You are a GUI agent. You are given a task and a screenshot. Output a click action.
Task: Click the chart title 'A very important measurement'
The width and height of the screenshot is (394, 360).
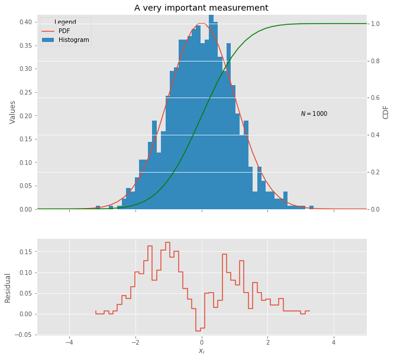tap(201, 8)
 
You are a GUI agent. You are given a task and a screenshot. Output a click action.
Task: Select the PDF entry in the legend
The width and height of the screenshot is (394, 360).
tap(64, 31)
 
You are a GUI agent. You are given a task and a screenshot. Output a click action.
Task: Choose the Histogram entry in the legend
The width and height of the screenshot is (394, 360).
tap(73, 40)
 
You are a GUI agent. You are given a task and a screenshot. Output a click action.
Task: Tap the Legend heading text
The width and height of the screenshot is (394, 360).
tap(65, 22)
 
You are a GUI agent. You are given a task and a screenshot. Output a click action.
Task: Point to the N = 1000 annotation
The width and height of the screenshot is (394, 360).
tap(314, 114)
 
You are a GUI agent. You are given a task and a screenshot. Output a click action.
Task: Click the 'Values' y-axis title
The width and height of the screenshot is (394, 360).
tap(12, 112)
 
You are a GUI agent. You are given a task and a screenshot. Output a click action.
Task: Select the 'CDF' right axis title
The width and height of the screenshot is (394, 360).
tap(386, 112)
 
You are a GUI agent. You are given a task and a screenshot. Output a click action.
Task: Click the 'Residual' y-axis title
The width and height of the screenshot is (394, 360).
tap(8, 288)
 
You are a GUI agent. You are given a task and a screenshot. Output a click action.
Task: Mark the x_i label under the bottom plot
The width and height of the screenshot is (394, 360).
tap(201, 351)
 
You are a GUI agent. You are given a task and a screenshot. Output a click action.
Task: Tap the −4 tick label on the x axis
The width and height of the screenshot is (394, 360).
tap(69, 342)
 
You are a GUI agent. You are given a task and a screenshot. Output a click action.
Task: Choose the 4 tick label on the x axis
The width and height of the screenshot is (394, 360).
tap(334, 342)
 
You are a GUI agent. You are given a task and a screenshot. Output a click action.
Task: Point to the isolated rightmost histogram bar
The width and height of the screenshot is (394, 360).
tap(311, 207)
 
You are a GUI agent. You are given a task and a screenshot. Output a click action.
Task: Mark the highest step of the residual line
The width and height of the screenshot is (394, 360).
tap(167, 242)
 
